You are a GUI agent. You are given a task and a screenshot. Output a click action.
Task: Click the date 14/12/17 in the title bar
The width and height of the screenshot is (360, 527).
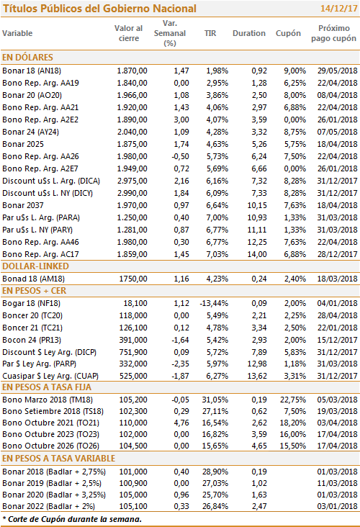(338, 9)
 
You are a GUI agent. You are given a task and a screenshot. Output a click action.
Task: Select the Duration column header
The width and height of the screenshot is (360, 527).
(249, 33)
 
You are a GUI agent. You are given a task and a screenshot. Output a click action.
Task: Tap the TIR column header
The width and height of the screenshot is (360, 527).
(210, 33)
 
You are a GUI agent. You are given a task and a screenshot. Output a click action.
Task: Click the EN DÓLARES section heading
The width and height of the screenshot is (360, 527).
(27, 58)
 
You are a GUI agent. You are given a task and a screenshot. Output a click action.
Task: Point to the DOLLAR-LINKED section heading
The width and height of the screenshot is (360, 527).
(35, 266)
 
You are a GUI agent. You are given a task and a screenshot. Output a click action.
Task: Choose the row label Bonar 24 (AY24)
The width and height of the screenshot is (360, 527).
(30, 132)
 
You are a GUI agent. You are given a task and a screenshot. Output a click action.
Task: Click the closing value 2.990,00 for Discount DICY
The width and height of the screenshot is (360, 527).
(132, 193)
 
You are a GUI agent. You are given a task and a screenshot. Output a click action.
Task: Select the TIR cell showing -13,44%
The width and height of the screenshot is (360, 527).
(214, 304)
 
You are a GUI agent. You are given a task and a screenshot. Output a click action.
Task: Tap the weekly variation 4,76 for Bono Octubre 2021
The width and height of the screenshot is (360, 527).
(181, 423)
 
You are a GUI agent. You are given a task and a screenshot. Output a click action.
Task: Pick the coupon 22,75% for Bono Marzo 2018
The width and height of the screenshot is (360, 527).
(293, 400)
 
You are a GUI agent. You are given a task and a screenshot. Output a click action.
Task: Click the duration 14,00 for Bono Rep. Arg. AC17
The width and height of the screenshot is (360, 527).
(257, 254)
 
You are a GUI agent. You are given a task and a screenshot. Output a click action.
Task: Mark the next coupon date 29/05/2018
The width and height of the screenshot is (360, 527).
(337, 71)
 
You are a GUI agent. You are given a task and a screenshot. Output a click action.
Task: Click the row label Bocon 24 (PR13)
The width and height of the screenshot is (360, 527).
(32, 340)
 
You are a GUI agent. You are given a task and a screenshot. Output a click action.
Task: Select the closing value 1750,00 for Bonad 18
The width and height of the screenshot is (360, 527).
(133, 279)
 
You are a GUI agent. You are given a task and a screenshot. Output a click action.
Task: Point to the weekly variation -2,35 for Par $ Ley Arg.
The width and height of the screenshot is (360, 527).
(181, 364)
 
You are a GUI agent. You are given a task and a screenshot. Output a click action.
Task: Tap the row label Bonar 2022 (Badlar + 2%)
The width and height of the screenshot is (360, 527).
(48, 507)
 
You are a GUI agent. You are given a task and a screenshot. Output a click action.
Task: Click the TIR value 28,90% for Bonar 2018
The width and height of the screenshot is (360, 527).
(215, 472)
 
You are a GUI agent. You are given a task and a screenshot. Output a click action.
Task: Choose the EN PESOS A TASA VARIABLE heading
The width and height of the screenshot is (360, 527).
(58, 459)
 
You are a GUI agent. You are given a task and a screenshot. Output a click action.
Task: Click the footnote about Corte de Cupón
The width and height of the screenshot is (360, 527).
(72, 519)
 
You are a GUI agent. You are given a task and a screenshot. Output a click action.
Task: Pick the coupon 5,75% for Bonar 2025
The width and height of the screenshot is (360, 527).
(294, 144)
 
